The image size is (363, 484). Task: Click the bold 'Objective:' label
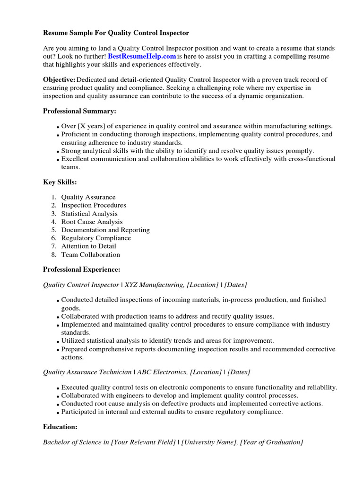click(x=59, y=79)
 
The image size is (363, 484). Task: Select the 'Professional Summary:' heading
click(x=79, y=111)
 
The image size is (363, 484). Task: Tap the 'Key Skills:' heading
click(x=60, y=182)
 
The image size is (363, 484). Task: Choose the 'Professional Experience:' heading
click(x=82, y=269)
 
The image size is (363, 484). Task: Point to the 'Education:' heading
click(x=60, y=427)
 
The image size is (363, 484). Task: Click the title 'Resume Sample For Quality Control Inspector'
click(x=116, y=33)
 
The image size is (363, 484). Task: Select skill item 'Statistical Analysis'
click(x=89, y=214)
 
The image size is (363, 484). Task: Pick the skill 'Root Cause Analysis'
click(x=92, y=222)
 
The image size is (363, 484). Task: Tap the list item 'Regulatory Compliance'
click(x=96, y=238)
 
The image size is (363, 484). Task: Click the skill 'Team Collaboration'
click(x=91, y=255)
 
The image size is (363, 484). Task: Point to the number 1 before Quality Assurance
click(x=54, y=197)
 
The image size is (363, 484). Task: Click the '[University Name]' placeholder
click(x=209, y=442)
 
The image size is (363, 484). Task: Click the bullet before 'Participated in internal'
click(x=58, y=413)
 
